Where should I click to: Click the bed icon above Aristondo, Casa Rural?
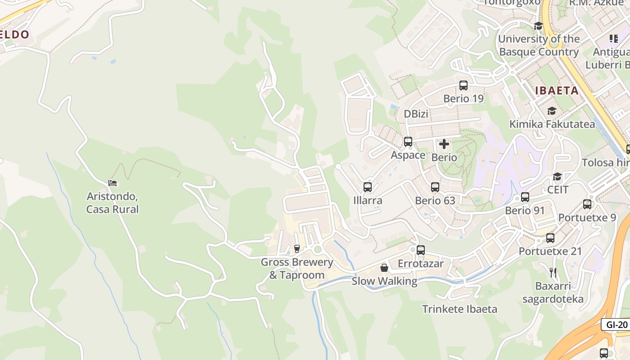click(112, 183)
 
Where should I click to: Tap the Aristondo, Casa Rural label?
click(112, 203)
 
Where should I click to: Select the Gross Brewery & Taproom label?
click(297, 269)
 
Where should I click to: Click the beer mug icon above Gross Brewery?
click(297, 248)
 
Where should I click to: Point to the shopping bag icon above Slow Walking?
click(384, 268)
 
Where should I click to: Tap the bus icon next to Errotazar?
click(421, 250)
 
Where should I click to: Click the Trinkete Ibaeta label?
click(459, 309)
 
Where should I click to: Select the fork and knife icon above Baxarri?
click(553, 272)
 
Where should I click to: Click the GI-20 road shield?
click(616, 324)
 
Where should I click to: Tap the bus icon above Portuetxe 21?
click(550, 238)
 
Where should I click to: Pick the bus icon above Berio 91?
click(525, 197)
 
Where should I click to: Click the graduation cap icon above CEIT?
click(558, 176)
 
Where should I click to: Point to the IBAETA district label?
click(557, 90)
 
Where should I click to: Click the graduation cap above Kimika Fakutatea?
click(552, 111)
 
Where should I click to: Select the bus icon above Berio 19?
click(463, 85)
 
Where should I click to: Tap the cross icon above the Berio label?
click(444, 144)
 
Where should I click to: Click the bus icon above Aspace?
click(408, 142)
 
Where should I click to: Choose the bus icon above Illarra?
click(368, 187)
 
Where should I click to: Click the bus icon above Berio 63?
click(435, 187)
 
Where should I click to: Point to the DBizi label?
click(416, 114)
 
